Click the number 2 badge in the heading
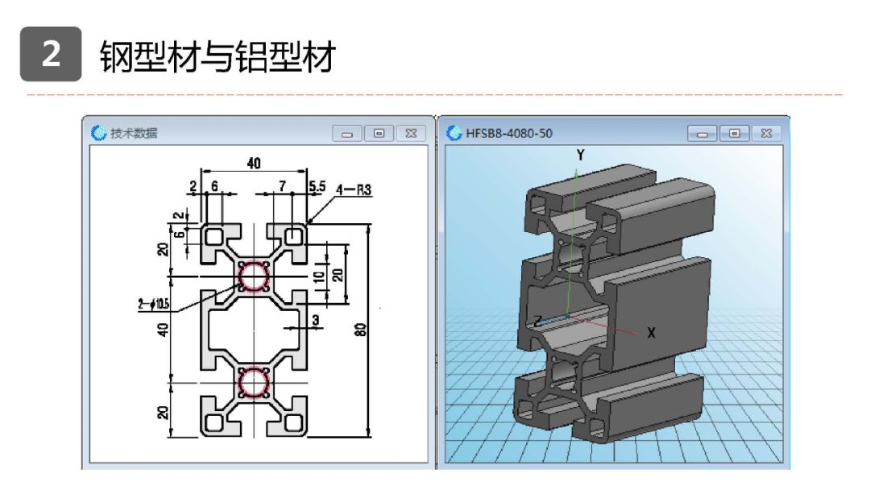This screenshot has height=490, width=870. coord(51,55)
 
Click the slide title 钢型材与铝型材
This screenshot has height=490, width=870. coord(217,56)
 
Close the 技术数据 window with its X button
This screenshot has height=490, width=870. coord(410,133)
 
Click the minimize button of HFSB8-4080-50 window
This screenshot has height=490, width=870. coord(704,133)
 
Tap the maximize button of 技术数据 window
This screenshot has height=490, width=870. coord(379,133)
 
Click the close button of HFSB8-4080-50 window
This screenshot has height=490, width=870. coord(765,133)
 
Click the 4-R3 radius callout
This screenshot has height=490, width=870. coord(354,191)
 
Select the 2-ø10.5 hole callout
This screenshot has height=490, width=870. coord(152,304)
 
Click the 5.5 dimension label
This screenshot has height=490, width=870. coord(317,186)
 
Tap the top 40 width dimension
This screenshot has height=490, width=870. coord(254,164)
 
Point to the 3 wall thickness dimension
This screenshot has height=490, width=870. coord(316,321)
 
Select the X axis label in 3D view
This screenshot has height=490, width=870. coord(652,332)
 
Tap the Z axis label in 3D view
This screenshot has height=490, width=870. coord(537,320)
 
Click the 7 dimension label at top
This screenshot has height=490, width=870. coord(282,186)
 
